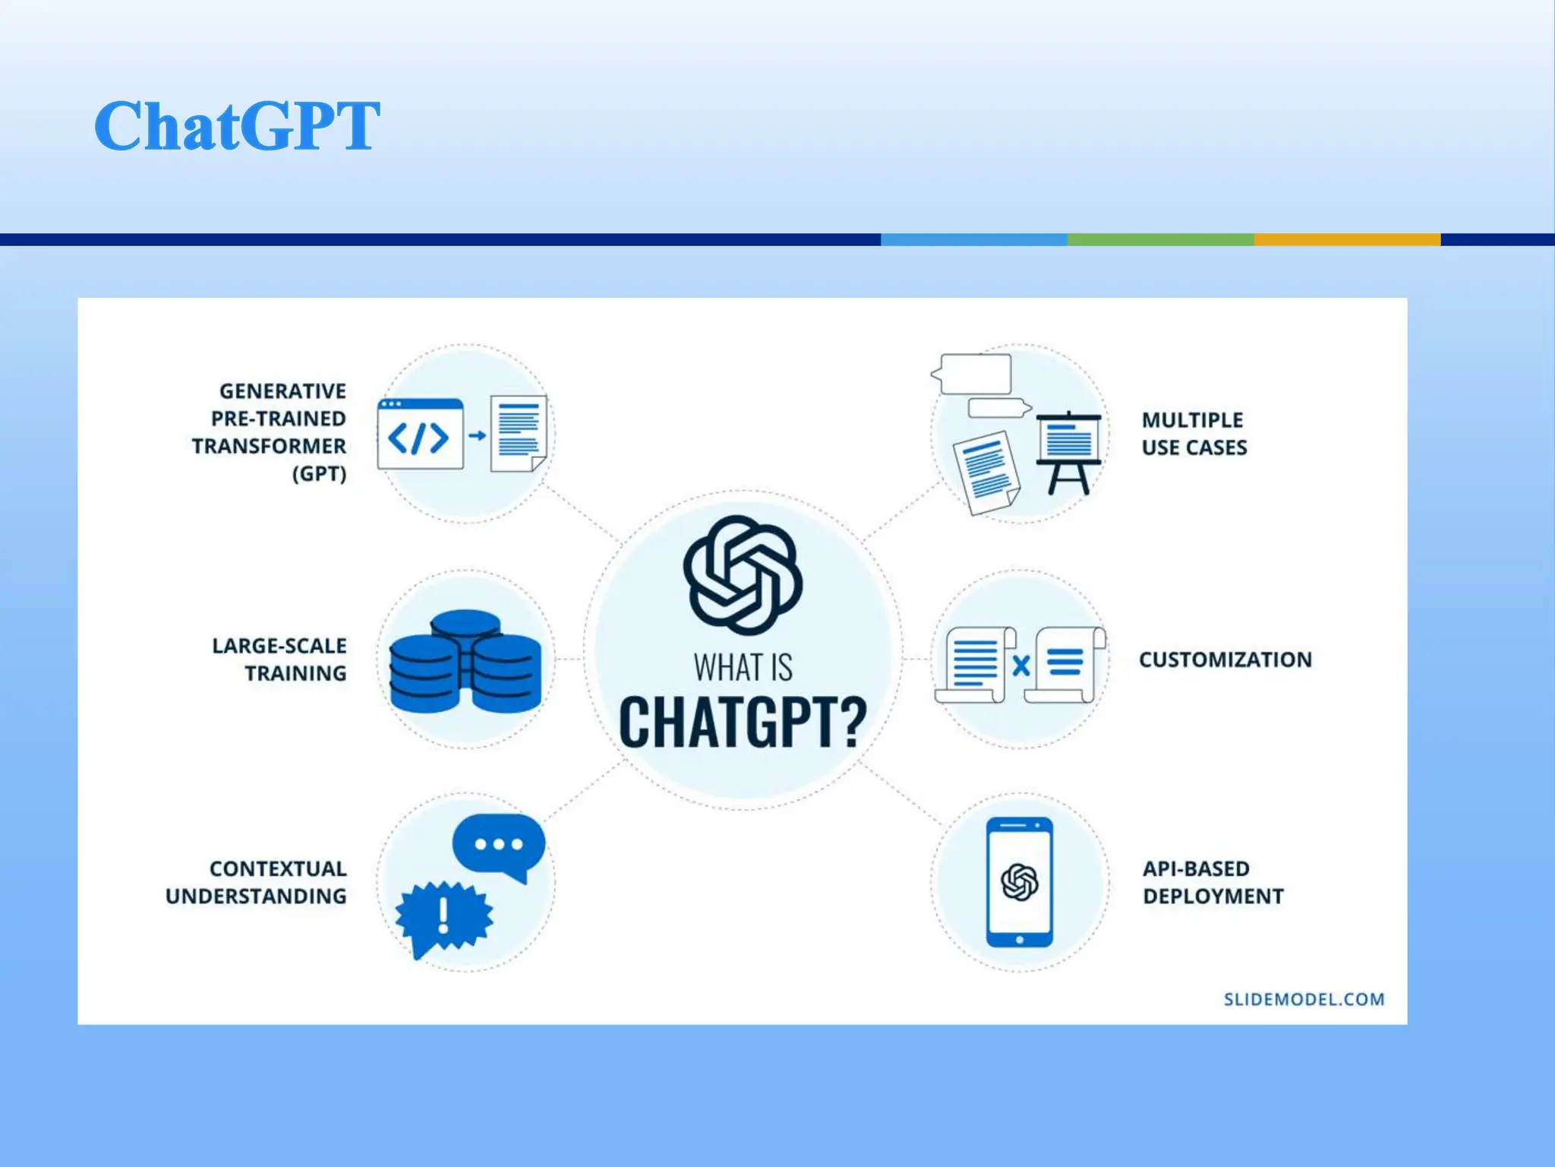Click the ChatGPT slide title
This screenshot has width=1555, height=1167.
click(237, 125)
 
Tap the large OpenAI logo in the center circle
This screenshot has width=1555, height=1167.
click(743, 575)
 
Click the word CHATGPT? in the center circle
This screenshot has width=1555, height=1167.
click(743, 722)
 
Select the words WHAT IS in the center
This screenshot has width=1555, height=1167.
click(743, 668)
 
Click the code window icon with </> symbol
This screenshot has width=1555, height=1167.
click(420, 435)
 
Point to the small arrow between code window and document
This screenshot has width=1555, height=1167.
click(477, 435)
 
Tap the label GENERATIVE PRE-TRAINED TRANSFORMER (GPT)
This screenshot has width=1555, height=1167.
click(271, 432)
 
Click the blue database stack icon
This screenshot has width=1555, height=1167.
click(465, 661)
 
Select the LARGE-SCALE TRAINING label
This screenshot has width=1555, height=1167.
click(279, 659)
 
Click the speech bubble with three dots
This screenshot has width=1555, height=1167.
click(499, 845)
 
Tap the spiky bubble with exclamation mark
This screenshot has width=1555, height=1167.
click(444, 916)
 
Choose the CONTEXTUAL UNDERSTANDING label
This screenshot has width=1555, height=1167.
click(257, 882)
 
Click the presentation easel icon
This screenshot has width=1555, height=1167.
click(1068, 451)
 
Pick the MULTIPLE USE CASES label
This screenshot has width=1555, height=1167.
click(1194, 434)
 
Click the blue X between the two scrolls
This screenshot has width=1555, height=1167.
click(1021, 666)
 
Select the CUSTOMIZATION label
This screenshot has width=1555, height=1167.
click(1225, 659)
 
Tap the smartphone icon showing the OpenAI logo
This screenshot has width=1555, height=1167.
click(1019, 882)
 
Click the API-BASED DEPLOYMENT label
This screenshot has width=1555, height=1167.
click(1213, 882)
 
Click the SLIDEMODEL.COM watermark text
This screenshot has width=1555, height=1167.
click(1304, 999)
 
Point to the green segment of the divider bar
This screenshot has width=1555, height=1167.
click(1160, 239)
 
